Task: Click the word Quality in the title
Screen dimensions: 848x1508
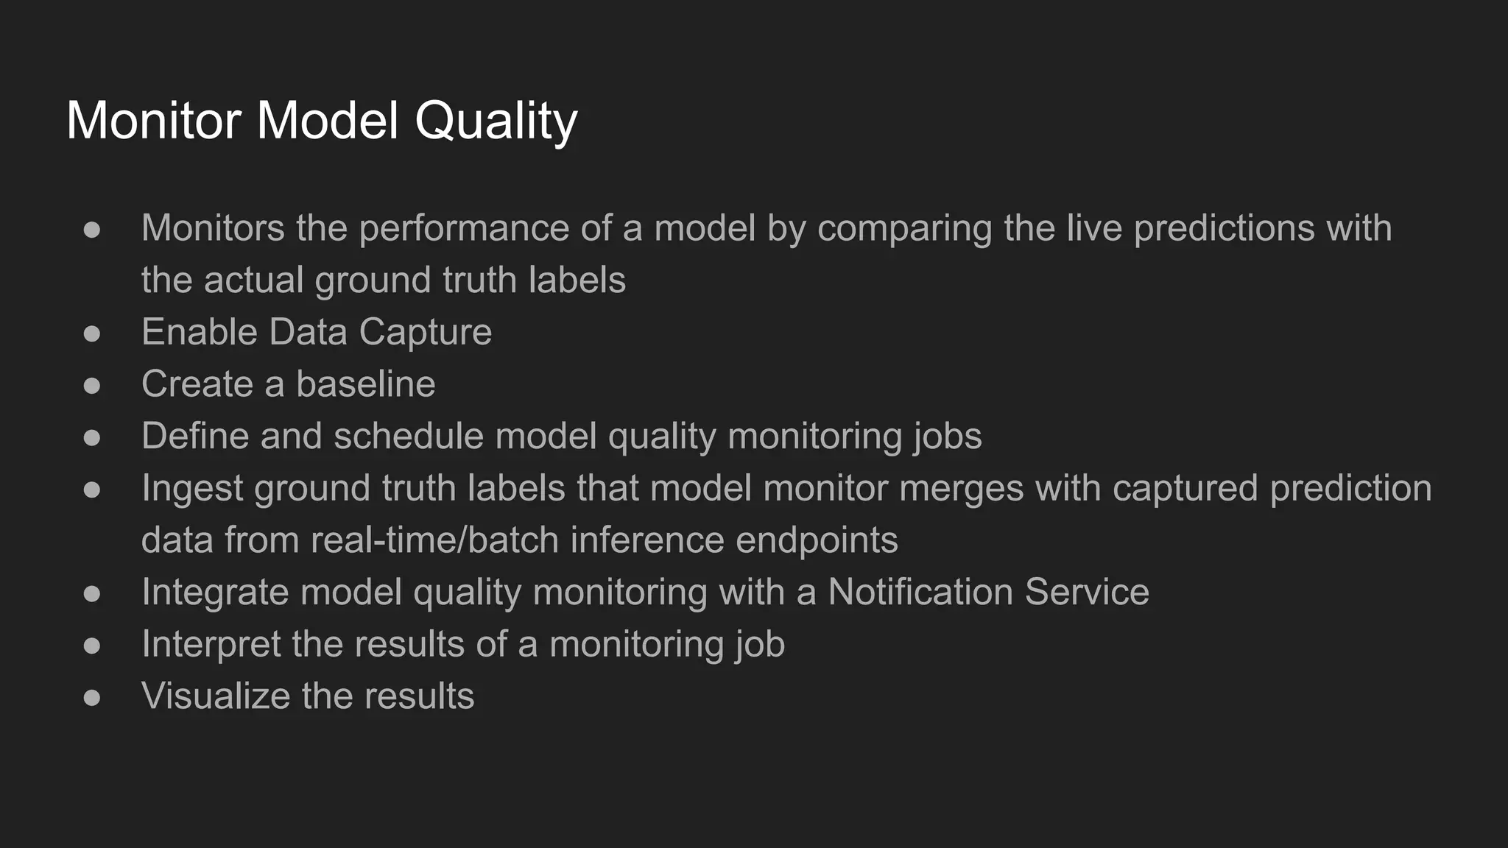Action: [496, 121]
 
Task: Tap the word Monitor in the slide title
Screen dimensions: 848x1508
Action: [154, 120]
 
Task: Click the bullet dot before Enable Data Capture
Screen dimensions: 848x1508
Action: [92, 333]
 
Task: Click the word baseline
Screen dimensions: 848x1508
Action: [365, 384]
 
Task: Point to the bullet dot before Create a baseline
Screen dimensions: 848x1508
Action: [92, 386]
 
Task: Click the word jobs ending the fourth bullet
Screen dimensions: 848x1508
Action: [948, 437]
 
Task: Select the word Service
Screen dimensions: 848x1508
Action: [1087, 592]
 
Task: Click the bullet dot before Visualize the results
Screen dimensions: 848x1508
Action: [92, 697]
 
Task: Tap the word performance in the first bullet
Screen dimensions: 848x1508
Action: [464, 229]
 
